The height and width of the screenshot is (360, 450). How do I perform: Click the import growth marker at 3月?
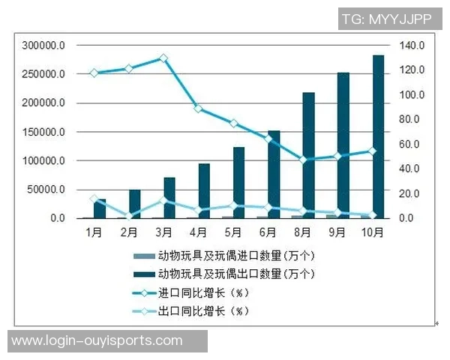pyautogui.click(x=163, y=58)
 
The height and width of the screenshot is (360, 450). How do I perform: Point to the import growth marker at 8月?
pyautogui.click(x=303, y=160)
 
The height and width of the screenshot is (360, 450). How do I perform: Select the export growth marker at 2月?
pyautogui.click(x=129, y=217)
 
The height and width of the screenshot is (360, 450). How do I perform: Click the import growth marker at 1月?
pyautogui.click(x=94, y=73)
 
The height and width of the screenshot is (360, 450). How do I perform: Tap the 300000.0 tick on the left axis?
pyautogui.click(x=43, y=46)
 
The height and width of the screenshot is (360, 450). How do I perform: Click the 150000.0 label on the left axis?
pyautogui.click(x=43, y=132)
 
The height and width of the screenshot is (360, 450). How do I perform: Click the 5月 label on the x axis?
pyautogui.click(x=233, y=233)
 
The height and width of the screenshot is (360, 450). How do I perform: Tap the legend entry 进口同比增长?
pyautogui.click(x=202, y=292)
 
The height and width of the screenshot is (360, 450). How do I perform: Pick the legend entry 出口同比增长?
pyautogui.click(x=202, y=310)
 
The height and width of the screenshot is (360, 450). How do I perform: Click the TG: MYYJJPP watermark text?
pyautogui.click(x=387, y=19)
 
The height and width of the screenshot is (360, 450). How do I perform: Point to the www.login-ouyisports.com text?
pyautogui.click(x=97, y=341)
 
